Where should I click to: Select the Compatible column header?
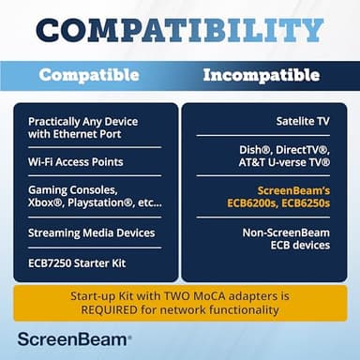89,74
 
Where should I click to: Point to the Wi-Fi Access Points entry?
75,161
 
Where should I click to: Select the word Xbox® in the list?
46,202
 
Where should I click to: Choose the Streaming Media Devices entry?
91,232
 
